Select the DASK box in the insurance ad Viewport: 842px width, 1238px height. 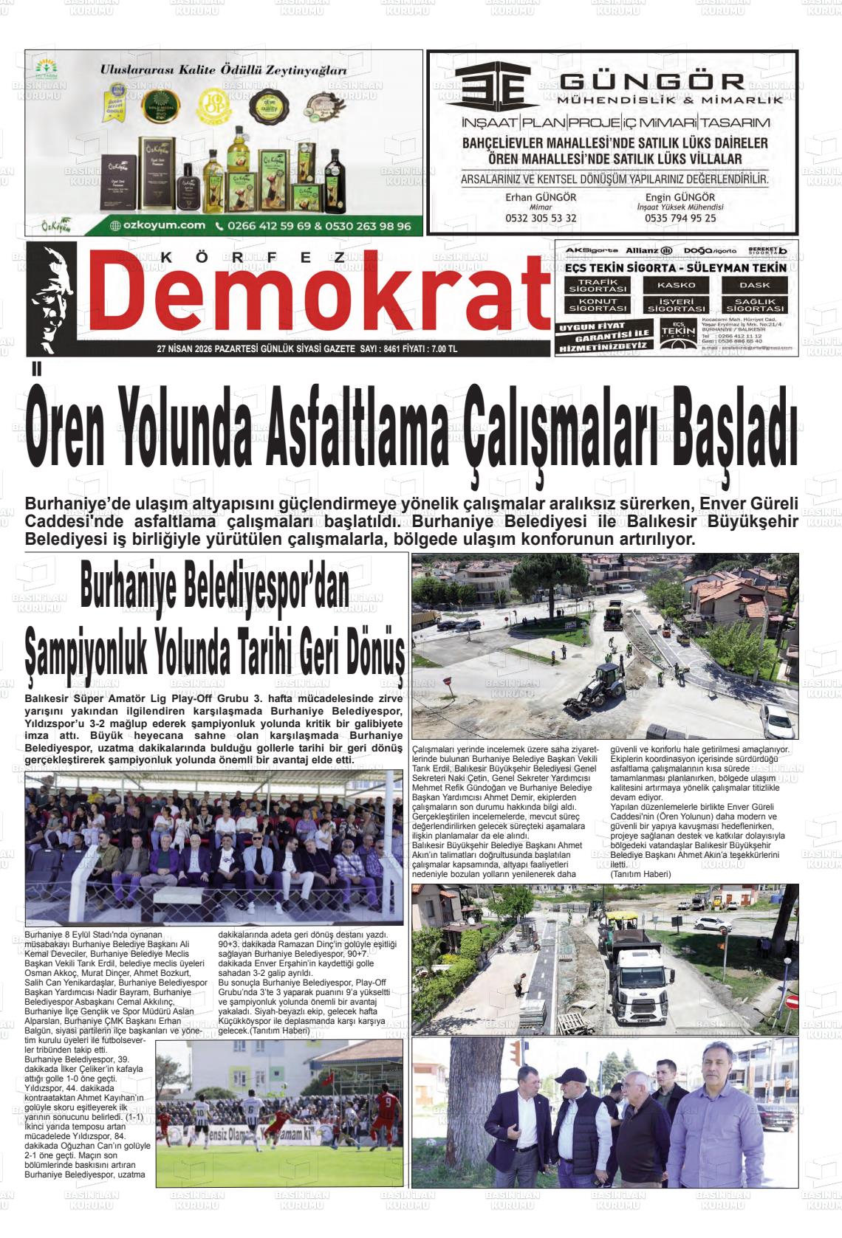tap(754, 285)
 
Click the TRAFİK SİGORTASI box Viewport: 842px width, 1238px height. tap(598, 285)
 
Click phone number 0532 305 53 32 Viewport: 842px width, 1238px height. tap(541, 219)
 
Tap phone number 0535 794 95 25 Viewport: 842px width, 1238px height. tap(680, 219)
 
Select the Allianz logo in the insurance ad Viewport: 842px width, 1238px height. tap(649, 251)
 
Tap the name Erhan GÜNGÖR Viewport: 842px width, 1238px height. tap(541, 197)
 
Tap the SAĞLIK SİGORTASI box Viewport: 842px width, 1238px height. tap(754, 304)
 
